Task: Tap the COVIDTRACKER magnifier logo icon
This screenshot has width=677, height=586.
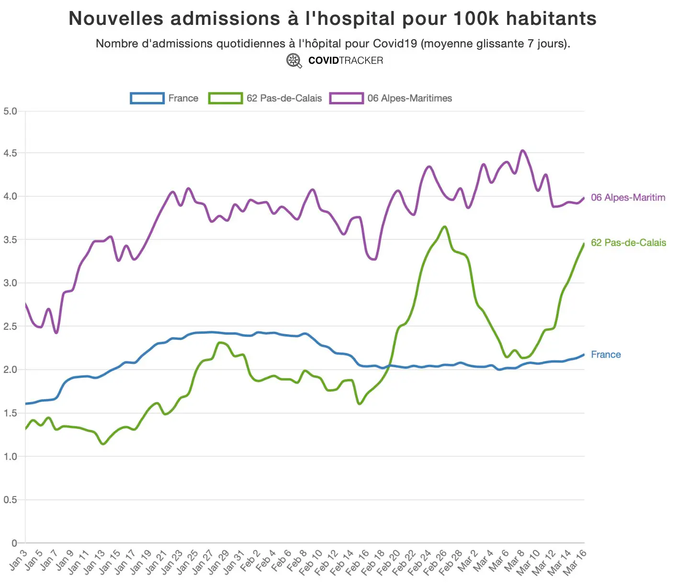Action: (x=294, y=61)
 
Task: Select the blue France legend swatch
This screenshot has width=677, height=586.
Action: (x=147, y=98)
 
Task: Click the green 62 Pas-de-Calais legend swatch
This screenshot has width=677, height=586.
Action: (x=226, y=98)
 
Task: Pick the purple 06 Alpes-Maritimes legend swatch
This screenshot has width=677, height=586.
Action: (x=346, y=98)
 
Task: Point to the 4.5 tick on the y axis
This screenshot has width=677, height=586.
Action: (x=10, y=153)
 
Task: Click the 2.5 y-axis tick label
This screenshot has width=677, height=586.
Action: (x=10, y=327)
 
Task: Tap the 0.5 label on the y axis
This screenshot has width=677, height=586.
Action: (x=10, y=500)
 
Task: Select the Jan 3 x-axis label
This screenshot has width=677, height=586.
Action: (x=18, y=560)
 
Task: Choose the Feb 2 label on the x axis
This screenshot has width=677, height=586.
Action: (x=250, y=561)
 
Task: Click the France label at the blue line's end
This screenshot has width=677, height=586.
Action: (x=606, y=355)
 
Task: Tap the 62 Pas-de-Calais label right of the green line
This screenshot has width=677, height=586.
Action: (x=628, y=243)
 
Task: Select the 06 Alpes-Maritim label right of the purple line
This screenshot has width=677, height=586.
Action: (x=628, y=198)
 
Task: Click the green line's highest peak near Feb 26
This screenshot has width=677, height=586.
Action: (x=445, y=226)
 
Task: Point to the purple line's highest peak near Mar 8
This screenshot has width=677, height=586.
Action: (x=523, y=150)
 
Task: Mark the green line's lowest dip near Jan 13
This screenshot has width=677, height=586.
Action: (x=103, y=444)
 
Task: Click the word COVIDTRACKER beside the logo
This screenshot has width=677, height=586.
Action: (x=346, y=61)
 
